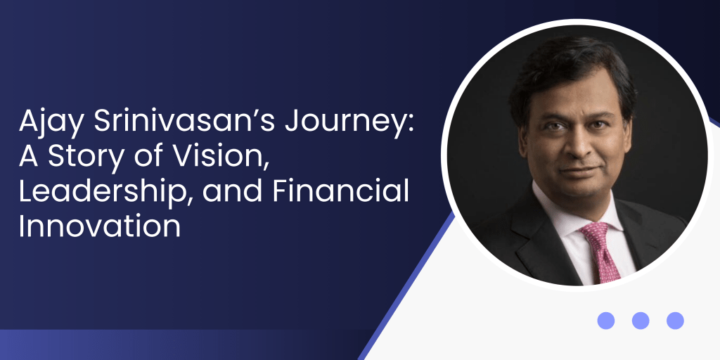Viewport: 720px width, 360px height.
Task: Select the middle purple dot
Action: click(640, 321)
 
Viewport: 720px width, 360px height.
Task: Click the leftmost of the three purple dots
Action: click(605, 321)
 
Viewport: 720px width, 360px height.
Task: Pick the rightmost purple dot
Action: click(675, 321)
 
